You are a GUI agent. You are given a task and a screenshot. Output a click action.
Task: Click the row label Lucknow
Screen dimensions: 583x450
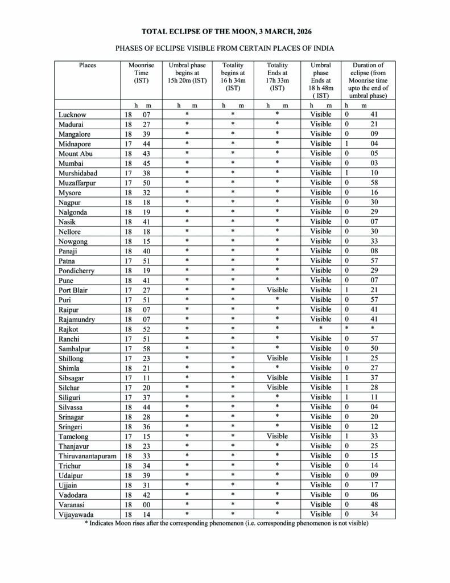click(72, 114)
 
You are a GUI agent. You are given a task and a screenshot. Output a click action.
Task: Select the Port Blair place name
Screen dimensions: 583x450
click(73, 290)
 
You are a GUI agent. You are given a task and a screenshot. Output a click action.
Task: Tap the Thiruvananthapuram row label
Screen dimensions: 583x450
click(88, 455)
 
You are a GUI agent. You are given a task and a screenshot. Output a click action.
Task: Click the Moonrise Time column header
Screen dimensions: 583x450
click(141, 73)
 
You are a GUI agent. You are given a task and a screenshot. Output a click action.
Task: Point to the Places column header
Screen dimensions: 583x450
click(87, 65)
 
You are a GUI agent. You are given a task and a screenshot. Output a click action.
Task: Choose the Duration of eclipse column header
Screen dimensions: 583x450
click(368, 80)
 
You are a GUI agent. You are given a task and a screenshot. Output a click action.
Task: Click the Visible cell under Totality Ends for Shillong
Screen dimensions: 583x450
click(277, 358)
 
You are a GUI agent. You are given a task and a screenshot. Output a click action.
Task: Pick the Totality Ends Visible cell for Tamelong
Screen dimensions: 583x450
click(277, 436)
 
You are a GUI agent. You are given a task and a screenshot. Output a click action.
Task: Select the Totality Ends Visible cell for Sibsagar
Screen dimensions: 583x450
click(277, 377)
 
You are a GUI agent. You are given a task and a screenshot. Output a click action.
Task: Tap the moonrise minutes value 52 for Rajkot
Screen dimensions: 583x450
click(146, 329)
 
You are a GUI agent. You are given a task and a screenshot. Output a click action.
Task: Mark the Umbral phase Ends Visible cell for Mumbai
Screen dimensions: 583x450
click(320, 163)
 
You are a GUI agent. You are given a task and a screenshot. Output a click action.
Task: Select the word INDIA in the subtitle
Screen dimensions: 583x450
click(322, 48)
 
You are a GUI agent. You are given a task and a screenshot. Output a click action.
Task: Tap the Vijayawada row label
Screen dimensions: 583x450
click(76, 514)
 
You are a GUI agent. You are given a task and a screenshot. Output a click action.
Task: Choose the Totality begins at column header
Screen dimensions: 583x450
click(233, 76)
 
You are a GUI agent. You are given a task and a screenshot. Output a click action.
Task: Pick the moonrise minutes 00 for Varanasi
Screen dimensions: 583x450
click(146, 504)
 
